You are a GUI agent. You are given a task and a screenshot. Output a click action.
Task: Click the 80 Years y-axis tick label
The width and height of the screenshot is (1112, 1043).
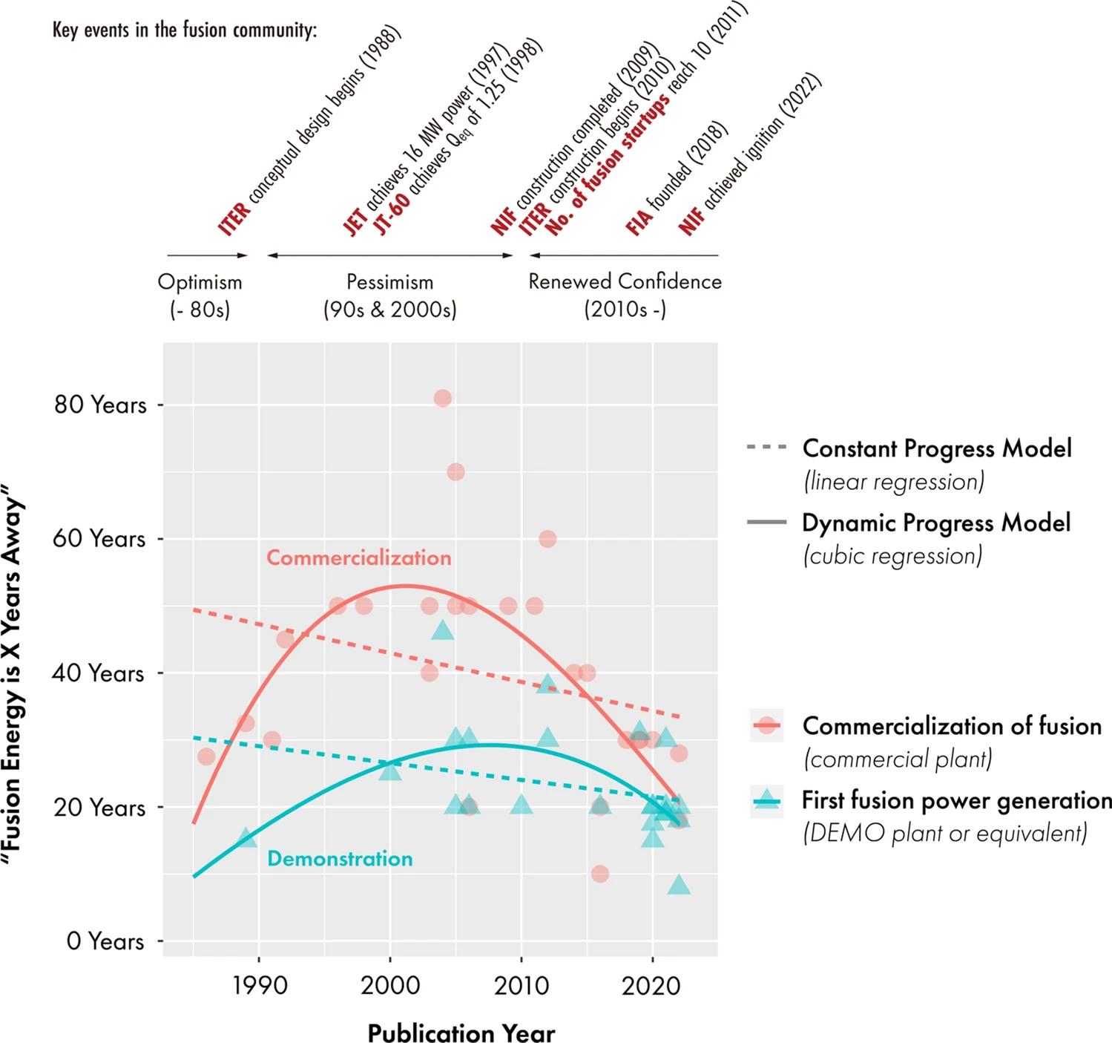click(x=100, y=405)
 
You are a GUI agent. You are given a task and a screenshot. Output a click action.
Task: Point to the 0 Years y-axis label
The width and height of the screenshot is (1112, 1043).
click(x=105, y=941)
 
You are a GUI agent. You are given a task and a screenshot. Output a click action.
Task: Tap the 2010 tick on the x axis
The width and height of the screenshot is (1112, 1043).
click(x=522, y=986)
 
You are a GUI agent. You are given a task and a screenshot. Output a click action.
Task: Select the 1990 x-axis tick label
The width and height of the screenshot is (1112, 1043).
click(x=260, y=986)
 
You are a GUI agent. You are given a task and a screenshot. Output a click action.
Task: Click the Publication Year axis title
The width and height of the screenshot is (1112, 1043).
click(x=461, y=1033)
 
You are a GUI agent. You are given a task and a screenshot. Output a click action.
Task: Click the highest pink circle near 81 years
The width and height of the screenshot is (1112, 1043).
click(x=443, y=399)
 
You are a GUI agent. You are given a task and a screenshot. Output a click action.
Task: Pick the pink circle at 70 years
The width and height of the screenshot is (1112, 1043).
click(x=455, y=472)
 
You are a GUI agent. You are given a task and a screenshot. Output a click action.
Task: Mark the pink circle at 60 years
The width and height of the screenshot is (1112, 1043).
click(x=547, y=539)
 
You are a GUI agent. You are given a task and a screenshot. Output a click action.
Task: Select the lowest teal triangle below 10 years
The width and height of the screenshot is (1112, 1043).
click(x=679, y=885)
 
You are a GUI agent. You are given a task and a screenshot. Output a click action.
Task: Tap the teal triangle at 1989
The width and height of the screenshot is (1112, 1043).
click(x=246, y=838)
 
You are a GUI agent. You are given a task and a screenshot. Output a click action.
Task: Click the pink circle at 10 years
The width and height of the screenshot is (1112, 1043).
click(x=600, y=874)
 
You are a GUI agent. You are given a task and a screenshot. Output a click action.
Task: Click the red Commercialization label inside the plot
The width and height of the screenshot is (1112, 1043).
click(x=358, y=558)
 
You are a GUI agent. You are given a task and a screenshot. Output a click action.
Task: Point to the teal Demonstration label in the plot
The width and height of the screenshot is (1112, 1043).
click(x=340, y=859)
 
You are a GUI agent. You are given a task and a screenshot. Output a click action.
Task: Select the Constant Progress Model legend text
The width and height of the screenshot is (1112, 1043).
click(x=937, y=449)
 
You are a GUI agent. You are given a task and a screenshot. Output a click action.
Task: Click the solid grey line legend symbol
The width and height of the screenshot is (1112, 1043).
click(x=766, y=523)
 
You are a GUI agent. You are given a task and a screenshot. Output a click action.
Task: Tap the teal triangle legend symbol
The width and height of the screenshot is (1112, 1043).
click(x=766, y=801)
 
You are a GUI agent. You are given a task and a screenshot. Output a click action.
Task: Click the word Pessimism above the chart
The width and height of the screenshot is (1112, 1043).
click(x=389, y=283)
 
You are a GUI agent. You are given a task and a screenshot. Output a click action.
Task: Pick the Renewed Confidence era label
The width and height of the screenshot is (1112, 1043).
click(x=625, y=282)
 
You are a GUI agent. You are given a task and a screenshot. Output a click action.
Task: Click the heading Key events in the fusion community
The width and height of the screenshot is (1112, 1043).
click(x=185, y=30)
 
